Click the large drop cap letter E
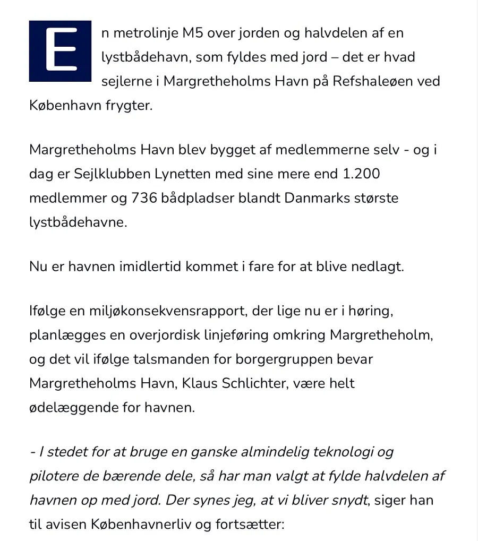click(60, 51)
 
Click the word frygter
click(131, 105)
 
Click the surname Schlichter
click(247, 383)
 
